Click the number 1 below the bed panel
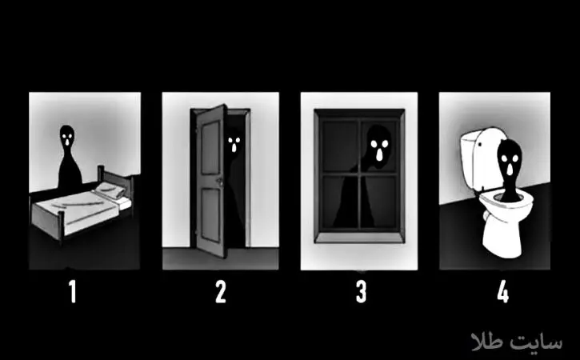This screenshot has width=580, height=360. click(x=73, y=291)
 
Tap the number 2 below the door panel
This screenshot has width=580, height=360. click(x=221, y=291)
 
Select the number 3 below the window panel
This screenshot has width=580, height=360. click(x=361, y=291)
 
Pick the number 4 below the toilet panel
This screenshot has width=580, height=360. click(x=502, y=291)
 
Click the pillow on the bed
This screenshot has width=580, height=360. click(x=110, y=190)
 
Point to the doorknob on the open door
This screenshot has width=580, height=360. click(x=220, y=182)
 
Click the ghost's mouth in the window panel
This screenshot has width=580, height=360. click(x=379, y=154)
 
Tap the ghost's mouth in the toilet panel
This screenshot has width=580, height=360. click(x=510, y=169)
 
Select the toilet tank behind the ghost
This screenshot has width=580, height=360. click(x=481, y=156)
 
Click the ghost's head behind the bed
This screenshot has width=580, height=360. click(x=67, y=137)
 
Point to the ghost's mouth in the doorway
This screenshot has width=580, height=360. click(x=234, y=148)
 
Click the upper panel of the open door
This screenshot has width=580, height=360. click(x=210, y=148)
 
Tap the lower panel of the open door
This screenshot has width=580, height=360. click(x=210, y=214)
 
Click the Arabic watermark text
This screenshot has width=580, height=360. click(x=517, y=341)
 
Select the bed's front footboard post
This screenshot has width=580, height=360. click(x=62, y=226)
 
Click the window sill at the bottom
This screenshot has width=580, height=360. click(x=359, y=237)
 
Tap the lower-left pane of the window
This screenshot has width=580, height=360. click(x=339, y=202)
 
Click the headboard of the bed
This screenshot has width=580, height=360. click(x=115, y=178)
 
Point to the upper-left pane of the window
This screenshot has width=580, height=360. click(x=339, y=146)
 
